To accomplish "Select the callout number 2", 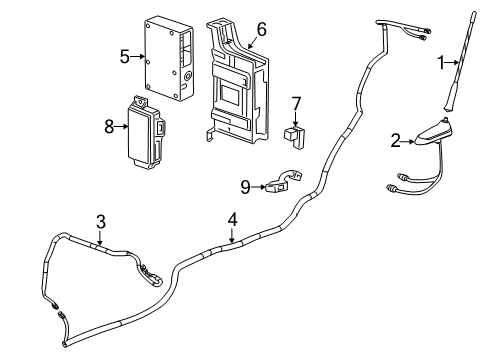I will click(x=395, y=141).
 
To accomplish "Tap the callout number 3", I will click(x=100, y=221).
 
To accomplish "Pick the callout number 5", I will click(x=125, y=57).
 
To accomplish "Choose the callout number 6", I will click(x=261, y=30).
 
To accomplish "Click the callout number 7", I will click(x=295, y=103).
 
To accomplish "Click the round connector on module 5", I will click(x=186, y=76).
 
